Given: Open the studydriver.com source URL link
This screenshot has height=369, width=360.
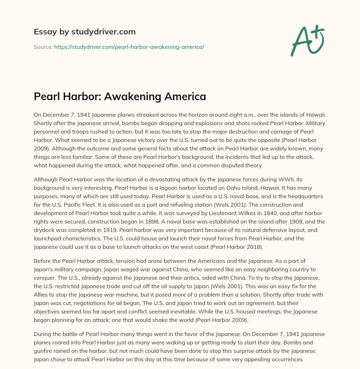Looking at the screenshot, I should (129, 47).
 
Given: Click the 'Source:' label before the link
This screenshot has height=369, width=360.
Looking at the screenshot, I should (43, 47).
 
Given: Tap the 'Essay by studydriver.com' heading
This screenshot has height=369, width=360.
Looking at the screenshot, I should (84, 32).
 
